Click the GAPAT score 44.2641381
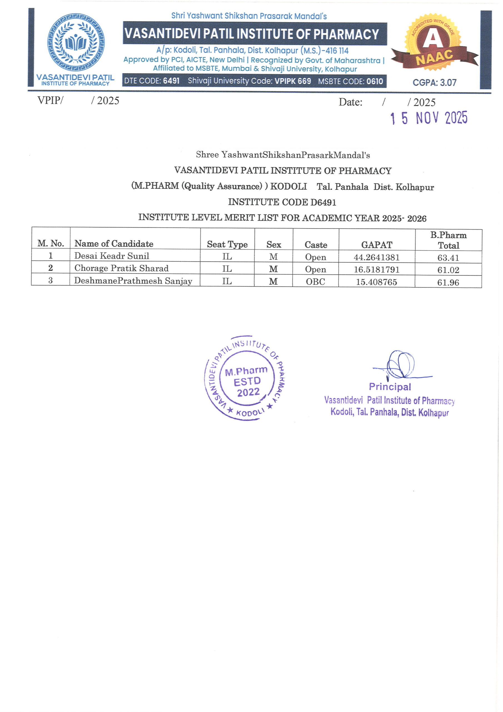[376, 257]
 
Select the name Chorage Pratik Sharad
[121, 268]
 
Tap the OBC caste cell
[315, 281]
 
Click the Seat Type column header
[227, 244]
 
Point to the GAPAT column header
[377, 245]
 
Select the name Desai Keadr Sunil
[111, 256]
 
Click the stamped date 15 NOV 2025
[429, 118]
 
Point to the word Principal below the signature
[390, 387]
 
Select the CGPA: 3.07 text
[434, 83]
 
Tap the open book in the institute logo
[76, 43]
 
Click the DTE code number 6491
[171, 81]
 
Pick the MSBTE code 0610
[375, 81]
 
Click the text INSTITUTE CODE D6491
[282, 202]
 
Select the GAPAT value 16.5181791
[376, 270]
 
